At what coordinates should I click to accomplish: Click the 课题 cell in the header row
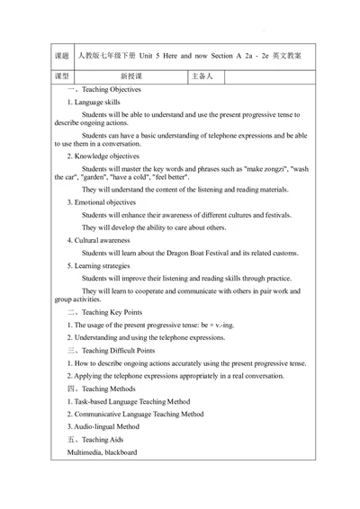point(62,56)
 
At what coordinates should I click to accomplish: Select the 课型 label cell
point(62,76)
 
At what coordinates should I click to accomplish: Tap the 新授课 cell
point(131,76)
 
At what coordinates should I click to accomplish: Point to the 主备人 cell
point(202,76)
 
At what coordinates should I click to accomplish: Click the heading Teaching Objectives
point(104,90)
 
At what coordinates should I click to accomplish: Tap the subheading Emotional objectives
point(101,202)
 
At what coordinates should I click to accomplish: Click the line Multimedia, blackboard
point(102,452)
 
